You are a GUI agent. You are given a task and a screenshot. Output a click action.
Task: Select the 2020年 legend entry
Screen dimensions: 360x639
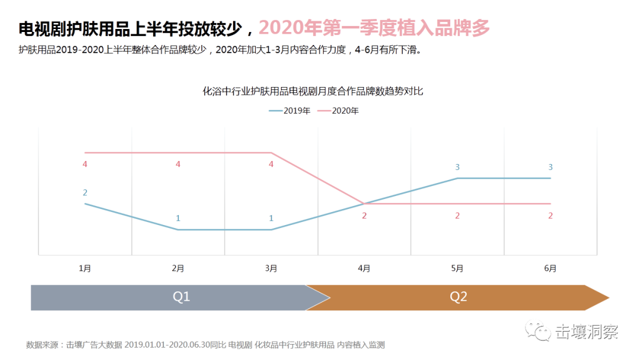click(338, 111)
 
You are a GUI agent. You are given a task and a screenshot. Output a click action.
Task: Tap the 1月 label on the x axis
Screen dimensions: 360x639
click(85, 268)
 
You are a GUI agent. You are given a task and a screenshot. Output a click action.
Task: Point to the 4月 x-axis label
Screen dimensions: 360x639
click(364, 268)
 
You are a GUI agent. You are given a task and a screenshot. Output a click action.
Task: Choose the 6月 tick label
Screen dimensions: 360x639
click(550, 268)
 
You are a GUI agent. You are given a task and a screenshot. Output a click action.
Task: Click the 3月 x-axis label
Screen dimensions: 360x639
click(271, 268)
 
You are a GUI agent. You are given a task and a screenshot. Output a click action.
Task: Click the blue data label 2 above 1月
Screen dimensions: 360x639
click(85, 192)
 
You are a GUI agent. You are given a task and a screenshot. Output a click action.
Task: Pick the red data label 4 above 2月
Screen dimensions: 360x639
click(178, 164)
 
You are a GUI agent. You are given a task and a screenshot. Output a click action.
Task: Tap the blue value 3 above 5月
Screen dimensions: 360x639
click(457, 167)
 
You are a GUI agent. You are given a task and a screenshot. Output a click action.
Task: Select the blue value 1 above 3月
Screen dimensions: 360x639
click(271, 218)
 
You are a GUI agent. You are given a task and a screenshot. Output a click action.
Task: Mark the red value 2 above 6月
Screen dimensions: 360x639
click(550, 216)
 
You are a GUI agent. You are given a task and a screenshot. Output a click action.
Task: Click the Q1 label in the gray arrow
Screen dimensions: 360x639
click(181, 297)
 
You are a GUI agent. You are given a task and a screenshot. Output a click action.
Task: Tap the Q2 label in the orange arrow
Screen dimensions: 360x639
click(459, 297)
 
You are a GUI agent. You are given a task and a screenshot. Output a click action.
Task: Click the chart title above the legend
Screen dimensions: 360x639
click(313, 92)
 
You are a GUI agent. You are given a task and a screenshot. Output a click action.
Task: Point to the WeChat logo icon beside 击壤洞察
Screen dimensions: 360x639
click(538, 331)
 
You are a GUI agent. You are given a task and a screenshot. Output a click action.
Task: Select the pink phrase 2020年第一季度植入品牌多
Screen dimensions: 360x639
click(375, 27)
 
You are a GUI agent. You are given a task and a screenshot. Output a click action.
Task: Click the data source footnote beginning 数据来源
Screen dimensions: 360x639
click(205, 345)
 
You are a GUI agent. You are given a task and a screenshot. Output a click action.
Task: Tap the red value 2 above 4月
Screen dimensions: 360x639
click(364, 216)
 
